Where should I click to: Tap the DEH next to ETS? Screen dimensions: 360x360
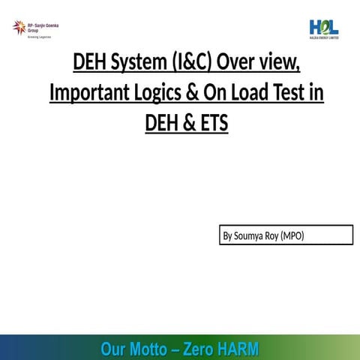click(x=163, y=121)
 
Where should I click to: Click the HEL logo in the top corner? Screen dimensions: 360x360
click(x=324, y=27)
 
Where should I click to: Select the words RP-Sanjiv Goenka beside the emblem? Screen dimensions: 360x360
click(x=43, y=25)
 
